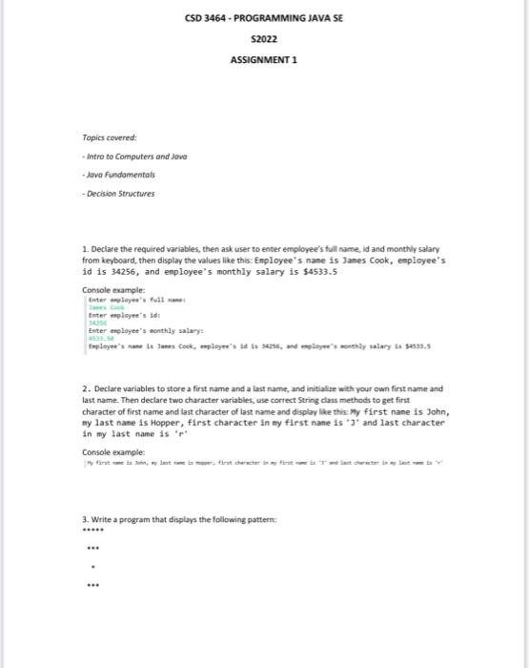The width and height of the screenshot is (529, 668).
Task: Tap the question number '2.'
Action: pos(87,389)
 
